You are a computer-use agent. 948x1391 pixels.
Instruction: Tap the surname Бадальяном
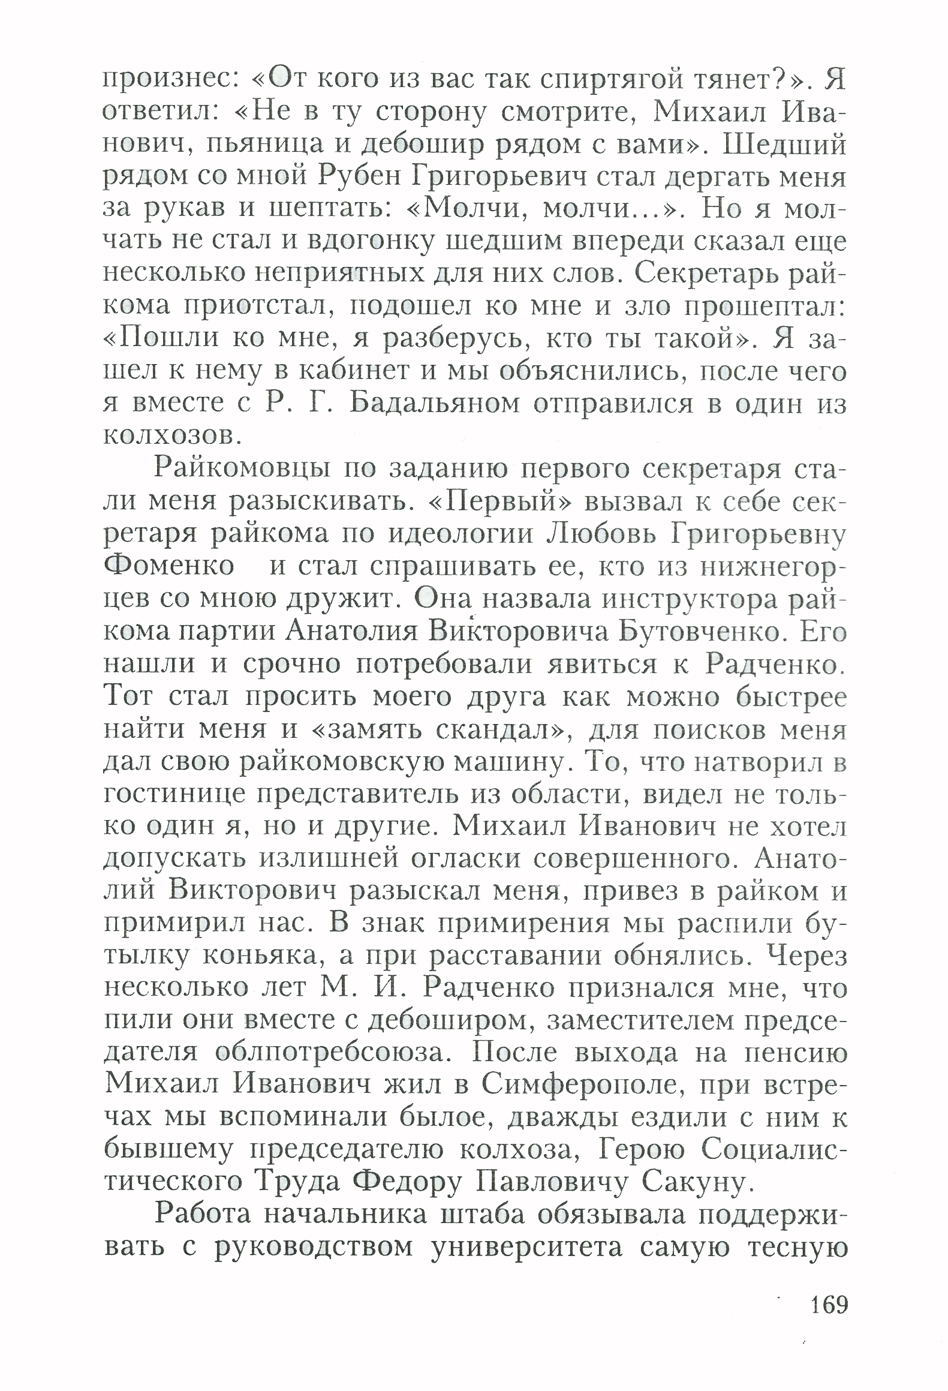point(434,404)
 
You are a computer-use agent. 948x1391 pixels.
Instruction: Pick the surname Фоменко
point(169,566)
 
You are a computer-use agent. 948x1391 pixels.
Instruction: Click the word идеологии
point(461,533)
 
